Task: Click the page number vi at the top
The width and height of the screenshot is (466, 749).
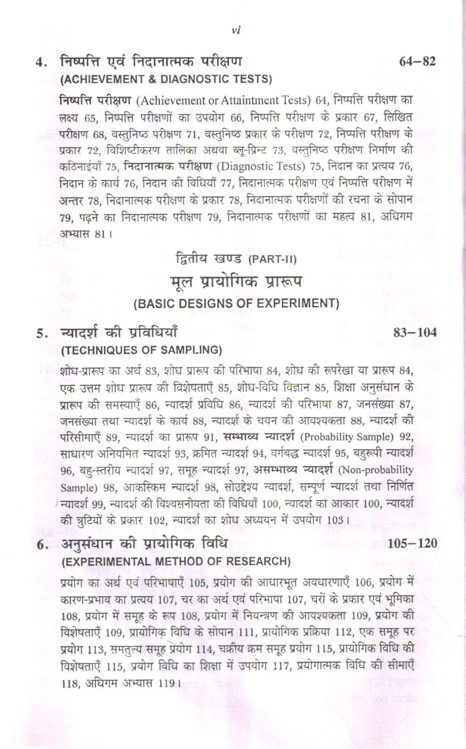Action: click(x=237, y=30)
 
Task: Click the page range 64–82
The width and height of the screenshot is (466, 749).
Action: click(x=418, y=62)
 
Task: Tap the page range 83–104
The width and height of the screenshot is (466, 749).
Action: click(x=414, y=333)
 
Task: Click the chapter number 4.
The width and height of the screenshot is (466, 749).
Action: click(x=40, y=63)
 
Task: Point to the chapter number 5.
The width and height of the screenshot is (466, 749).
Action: click(x=40, y=334)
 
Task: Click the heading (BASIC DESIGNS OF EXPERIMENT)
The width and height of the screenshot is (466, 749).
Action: click(x=236, y=304)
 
